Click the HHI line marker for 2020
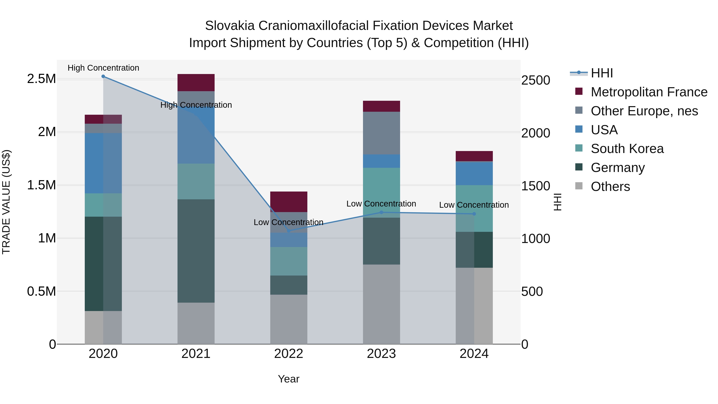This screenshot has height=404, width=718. click(x=103, y=76)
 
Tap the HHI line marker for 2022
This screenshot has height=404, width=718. click(x=289, y=231)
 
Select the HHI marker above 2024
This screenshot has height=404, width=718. click(x=474, y=214)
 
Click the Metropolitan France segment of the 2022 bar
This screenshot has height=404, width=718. click(x=289, y=202)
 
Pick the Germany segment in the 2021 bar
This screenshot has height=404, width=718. click(x=196, y=251)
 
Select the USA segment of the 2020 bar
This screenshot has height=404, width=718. click(x=103, y=163)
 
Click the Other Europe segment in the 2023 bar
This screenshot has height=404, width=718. click(x=381, y=133)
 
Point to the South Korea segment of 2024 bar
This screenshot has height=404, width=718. click(x=474, y=208)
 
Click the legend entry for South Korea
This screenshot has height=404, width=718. click(x=627, y=149)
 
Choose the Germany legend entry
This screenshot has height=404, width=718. click(x=618, y=168)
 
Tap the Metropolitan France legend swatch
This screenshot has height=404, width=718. click(x=579, y=91)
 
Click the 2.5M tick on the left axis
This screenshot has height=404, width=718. click(x=41, y=79)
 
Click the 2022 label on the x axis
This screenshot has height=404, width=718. click(x=289, y=354)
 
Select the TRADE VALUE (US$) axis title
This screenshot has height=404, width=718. click(x=6, y=202)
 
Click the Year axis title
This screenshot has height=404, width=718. click(x=289, y=379)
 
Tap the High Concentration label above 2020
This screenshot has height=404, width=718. click(x=103, y=68)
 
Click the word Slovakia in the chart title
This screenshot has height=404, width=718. click(x=230, y=26)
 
